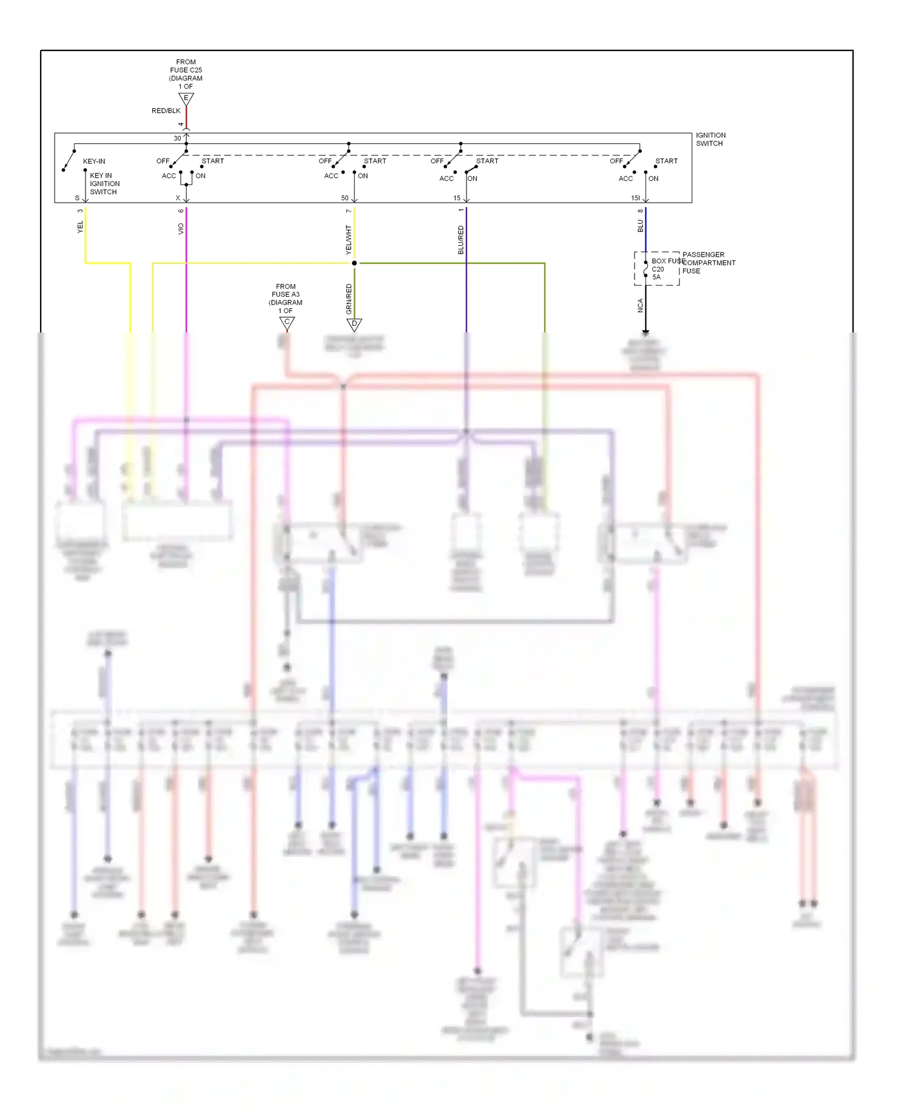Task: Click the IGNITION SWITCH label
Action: pyautogui.click(x=710, y=140)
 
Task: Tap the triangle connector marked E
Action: pyautogui.click(x=186, y=98)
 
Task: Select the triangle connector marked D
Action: pyautogui.click(x=354, y=325)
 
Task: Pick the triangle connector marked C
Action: pyautogui.click(x=287, y=323)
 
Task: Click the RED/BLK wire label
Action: pyautogui.click(x=166, y=111)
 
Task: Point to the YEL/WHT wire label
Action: pyautogui.click(x=348, y=240)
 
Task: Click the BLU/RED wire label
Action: pyautogui.click(x=460, y=240)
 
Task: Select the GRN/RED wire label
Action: pyautogui.click(x=349, y=299)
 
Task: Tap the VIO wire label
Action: pyautogui.click(x=181, y=229)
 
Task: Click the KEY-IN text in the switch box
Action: pyautogui.click(x=94, y=161)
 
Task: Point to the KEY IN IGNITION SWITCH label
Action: pyautogui.click(x=104, y=184)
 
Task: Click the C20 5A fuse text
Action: pyautogui.click(x=658, y=273)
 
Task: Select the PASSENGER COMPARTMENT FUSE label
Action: pyautogui.click(x=708, y=263)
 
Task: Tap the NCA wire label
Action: pyautogui.click(x=640, y=305)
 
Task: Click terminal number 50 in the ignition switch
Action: pyautogui.click(x=345, y=198)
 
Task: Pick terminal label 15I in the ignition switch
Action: pyautogui.click(x=635, y=198)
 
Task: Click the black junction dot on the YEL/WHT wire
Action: pyautogui.click(x=354, y=263)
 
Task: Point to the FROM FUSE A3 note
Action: pyautogui.click(x=286, y=298)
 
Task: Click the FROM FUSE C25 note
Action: pyautogui.click(x=186, y=74)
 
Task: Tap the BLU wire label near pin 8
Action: pyautogui.click(x=640, y=226)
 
